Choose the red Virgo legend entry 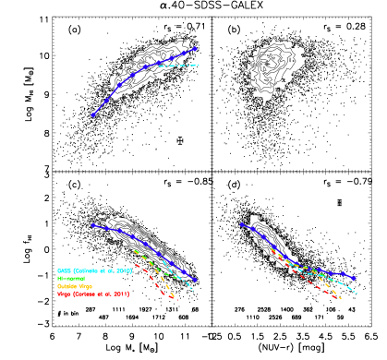click(93, 294)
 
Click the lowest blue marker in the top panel click(93, 114)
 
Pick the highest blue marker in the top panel click(194, 48)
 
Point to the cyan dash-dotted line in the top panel click(180, 66)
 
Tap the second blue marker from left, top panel click(106, 100)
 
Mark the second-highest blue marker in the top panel click(183, 54)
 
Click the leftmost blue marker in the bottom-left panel click(93, 225)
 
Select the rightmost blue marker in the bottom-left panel click(195, 280)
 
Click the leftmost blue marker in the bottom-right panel click(242, 224)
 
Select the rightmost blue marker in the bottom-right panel click(354, 278)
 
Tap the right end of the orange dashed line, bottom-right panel click(341, 299)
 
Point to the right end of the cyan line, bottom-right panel click(357, 294)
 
